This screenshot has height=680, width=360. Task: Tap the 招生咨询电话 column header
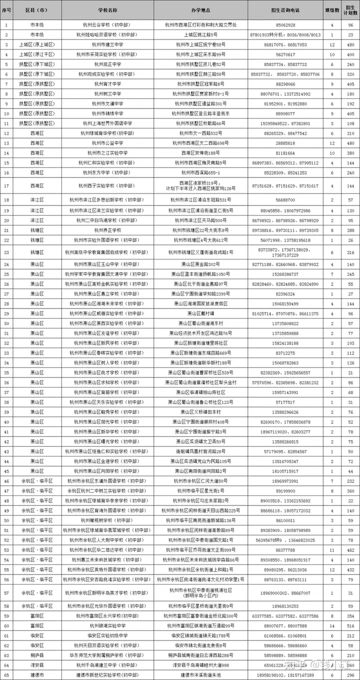coord(285,9)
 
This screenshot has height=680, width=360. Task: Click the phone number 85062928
coord(285,24)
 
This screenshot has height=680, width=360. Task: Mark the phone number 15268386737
coord(285,274)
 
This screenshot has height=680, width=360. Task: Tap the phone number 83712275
coord(285,352)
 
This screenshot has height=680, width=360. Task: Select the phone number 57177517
coord(285,402)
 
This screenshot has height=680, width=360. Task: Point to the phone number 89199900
coord(285,491)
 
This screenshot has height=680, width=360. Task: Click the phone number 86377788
coord(285,550)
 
